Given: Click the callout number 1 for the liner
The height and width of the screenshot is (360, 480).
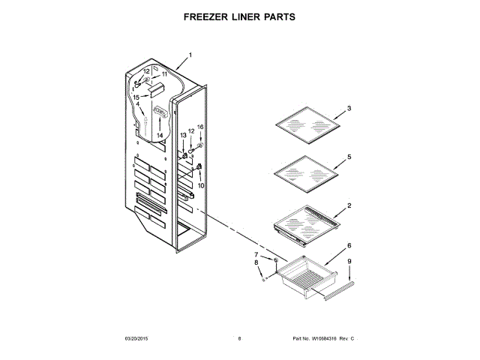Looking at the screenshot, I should point(190,55).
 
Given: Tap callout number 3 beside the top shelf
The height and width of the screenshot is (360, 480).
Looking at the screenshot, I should point(349,109).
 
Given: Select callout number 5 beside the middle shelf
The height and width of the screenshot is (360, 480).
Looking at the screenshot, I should point(349,158).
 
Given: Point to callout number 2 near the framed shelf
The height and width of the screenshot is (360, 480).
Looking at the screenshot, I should point(349,205).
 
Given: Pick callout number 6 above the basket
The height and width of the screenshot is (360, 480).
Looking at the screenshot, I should point(349,246).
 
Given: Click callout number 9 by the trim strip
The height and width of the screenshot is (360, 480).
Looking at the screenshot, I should point(349,262).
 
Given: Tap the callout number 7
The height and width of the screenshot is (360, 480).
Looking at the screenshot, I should point(256,255).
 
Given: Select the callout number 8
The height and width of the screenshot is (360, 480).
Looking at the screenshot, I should point(256,263).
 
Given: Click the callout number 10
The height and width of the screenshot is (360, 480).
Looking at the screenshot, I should point(200,184).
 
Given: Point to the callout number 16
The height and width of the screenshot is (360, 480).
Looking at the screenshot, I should point(200,127).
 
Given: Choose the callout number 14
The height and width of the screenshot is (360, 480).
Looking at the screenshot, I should point(159,135).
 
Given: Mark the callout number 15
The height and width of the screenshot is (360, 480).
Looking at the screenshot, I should point(136,97).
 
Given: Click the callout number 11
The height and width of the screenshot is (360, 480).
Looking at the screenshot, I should point(164,75).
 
